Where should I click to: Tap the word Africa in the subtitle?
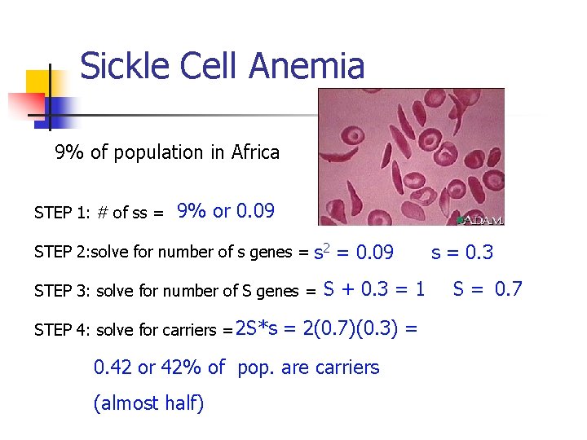tap(255, 152)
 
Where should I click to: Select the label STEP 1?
tap(62, 213)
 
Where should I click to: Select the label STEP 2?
tap(62, 253)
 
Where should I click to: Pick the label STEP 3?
tap(63, 292)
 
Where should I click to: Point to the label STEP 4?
tap(62, 330)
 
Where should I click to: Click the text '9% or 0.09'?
tap(226, 211)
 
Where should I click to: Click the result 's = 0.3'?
tap(462, 252)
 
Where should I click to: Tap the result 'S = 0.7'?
tap(488, 289)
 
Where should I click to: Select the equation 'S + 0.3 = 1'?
tap(374, 289)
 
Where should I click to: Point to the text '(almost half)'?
tap(148, 403)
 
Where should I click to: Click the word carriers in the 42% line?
tap(348, 367)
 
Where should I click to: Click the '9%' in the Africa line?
tap(69, 152)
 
